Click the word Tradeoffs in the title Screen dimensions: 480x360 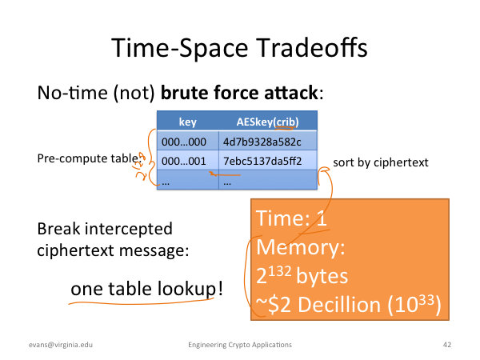click(311, 48)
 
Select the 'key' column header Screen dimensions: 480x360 click(188, 122)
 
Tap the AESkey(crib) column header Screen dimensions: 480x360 click(267, 122)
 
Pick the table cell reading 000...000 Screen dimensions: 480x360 click(184, 142)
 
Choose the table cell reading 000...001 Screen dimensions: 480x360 click(184, 161)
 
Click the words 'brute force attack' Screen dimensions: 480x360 click(239, 93)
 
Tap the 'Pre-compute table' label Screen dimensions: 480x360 click(90, 158)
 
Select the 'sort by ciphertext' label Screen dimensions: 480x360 click(381, 162)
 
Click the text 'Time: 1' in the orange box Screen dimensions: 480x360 click(291, 218)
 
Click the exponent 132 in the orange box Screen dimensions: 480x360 click(279, 271)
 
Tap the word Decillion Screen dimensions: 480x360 click(339, 305)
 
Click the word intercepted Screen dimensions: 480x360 click(128, 229)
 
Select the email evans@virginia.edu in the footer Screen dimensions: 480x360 click(61, 345)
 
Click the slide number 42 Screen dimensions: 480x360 click(447, 345)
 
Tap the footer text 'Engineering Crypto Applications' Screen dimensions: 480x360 click(240, 345)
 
